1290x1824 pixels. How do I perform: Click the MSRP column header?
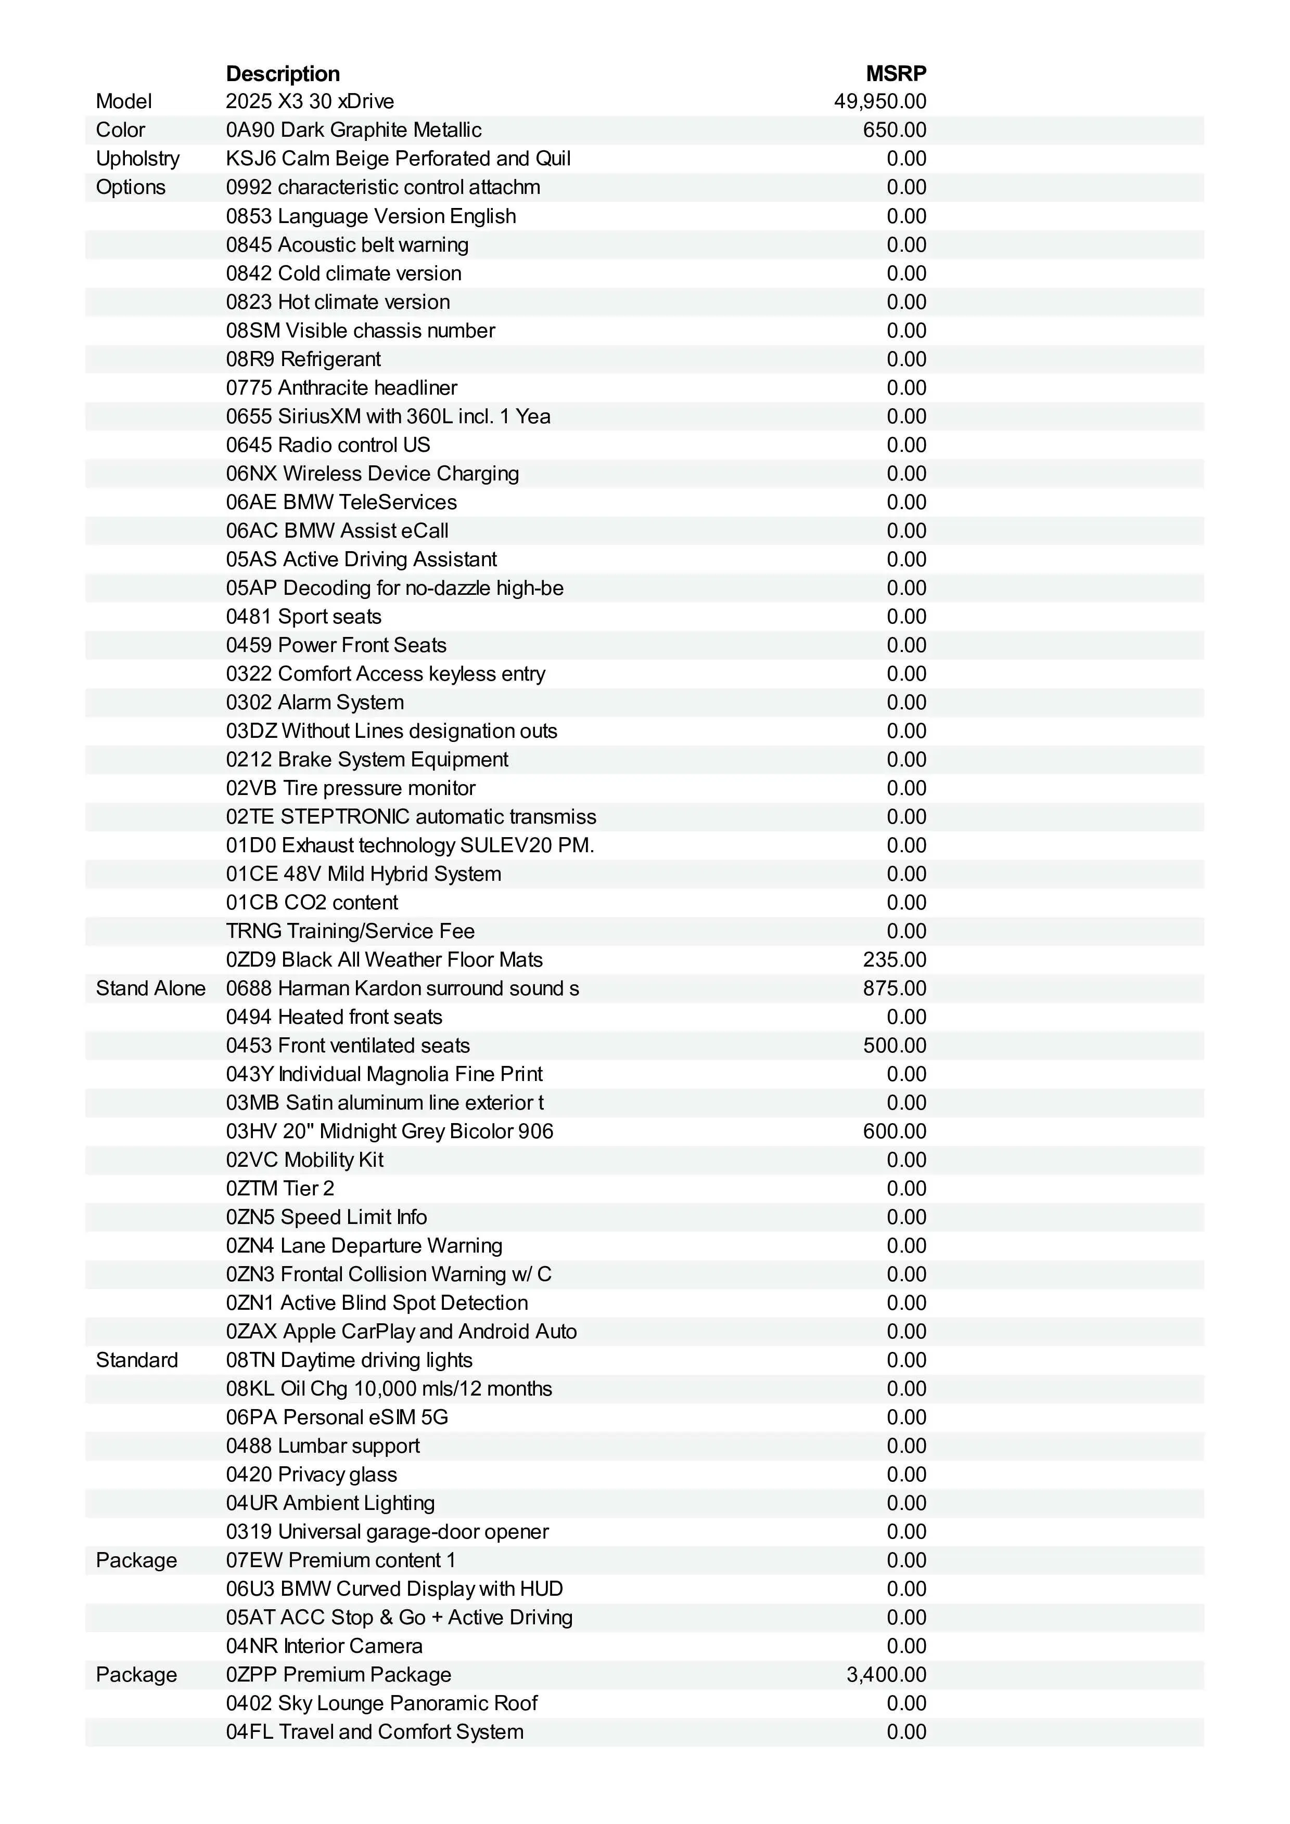896,74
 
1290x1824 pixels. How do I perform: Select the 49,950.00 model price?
880,102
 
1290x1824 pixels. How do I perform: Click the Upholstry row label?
137,159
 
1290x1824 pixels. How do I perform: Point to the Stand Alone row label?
150,988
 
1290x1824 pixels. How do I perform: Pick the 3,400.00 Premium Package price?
886,1675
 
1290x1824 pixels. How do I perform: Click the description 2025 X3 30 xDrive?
310,102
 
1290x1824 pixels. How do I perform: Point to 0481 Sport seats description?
303,617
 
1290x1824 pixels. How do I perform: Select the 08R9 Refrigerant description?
303,359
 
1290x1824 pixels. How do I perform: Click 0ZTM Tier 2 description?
280,1189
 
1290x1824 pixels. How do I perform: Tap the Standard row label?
137,1360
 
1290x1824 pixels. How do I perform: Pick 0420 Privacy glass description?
312,1475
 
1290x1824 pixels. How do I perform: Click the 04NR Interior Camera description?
324,1646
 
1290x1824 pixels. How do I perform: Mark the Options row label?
130,188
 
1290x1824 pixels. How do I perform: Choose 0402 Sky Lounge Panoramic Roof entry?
381,1703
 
